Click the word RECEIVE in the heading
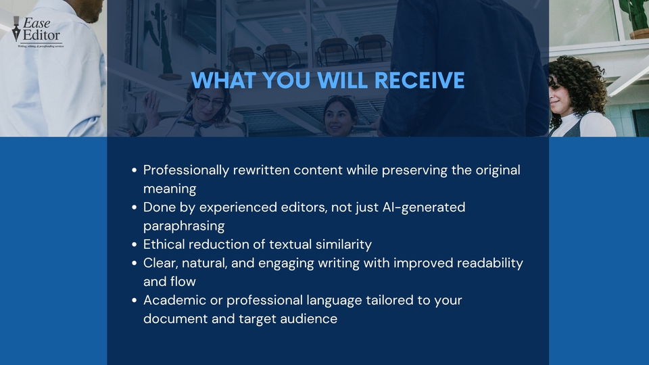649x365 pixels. tap(419, 80)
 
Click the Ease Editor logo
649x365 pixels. tap(38, 32)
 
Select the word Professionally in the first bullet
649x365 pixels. tap(186, 170)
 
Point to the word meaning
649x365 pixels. tap(170, 189)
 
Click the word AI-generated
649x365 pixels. tap(424, 208)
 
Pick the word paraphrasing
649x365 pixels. tap(184, 226)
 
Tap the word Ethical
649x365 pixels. tap(164, 244)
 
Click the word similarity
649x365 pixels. tap(343, 245)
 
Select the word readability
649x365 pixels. tap(490, 263)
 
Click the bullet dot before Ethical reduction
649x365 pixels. tap(134, 245)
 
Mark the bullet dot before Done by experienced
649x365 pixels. tap(134, 208)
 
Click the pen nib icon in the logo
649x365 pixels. tap(16, 29)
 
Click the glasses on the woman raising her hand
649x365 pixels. tap(210, 101)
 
